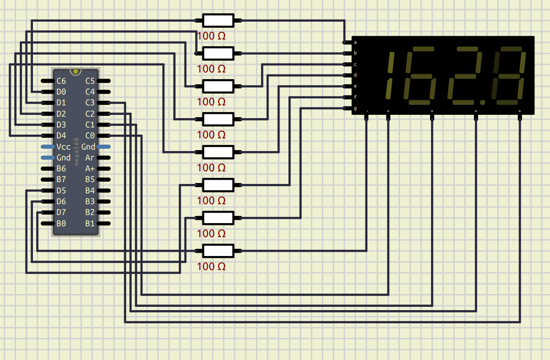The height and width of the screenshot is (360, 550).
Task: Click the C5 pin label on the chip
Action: click(90, 81)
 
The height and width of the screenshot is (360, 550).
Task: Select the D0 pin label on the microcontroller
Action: click(61, 92)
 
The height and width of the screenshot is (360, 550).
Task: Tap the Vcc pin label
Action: click(64, 147)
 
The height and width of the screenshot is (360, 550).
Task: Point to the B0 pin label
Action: click(61, 224)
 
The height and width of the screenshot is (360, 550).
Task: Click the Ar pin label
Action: click(90, 158)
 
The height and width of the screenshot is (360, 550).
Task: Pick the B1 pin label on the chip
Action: click(90, 224)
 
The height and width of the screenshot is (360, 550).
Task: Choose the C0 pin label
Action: click(90, 136)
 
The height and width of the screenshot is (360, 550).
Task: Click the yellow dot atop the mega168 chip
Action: click(75, 71)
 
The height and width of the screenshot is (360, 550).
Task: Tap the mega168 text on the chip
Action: click(76, 152)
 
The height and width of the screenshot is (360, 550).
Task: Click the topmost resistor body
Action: click(218, 20)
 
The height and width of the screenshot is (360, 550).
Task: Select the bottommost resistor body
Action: click(218, 251)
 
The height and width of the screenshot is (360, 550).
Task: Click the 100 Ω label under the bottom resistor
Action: click(211, 266)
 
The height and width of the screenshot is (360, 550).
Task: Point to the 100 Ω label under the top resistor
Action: click(211, 36)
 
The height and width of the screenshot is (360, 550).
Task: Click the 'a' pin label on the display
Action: click(355, 42)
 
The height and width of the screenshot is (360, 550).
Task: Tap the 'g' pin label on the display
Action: click(355, 109)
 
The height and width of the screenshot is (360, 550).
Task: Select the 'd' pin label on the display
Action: click(355, 75)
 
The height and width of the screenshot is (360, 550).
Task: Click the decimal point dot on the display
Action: click(482, 102)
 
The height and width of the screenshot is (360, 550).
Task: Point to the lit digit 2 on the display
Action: click(465, 75)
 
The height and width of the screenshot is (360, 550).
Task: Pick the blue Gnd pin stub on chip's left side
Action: click(48, 158)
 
